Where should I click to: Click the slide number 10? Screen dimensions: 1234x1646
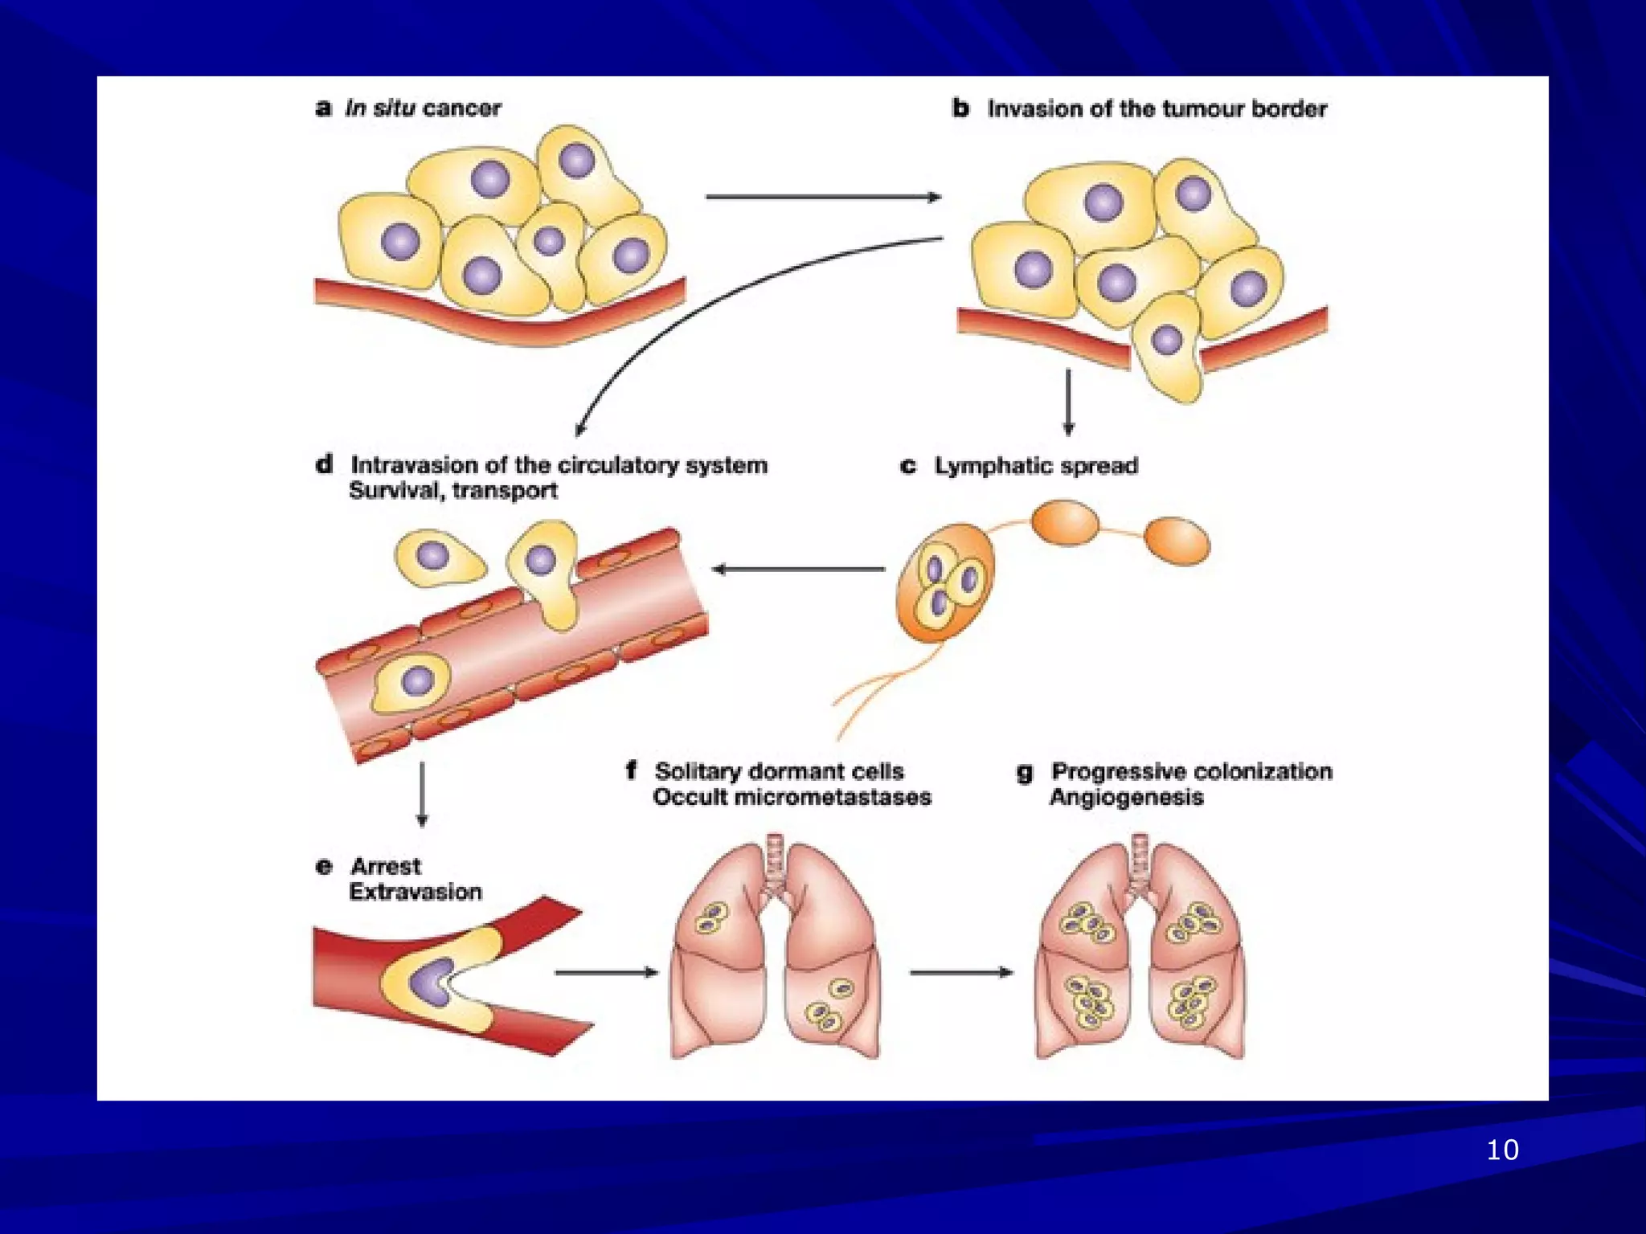(x=1502, y=1150)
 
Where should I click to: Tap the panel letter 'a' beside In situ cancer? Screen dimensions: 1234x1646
(x=323, y=108)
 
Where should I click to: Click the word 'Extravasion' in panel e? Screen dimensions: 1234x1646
(x=416, y=892)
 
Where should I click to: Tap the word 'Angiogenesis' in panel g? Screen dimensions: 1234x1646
(x=1126, y=797)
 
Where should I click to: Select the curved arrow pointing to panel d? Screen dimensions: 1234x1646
(x=723, y=297)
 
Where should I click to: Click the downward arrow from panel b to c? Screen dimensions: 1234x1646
(x=1068, y=402)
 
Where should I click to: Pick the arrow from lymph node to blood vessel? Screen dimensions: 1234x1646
(x=799, y=569)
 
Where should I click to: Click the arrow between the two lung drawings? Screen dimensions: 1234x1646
(x=960, y=972)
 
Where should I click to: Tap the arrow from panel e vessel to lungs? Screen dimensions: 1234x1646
(x=606, y=972)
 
